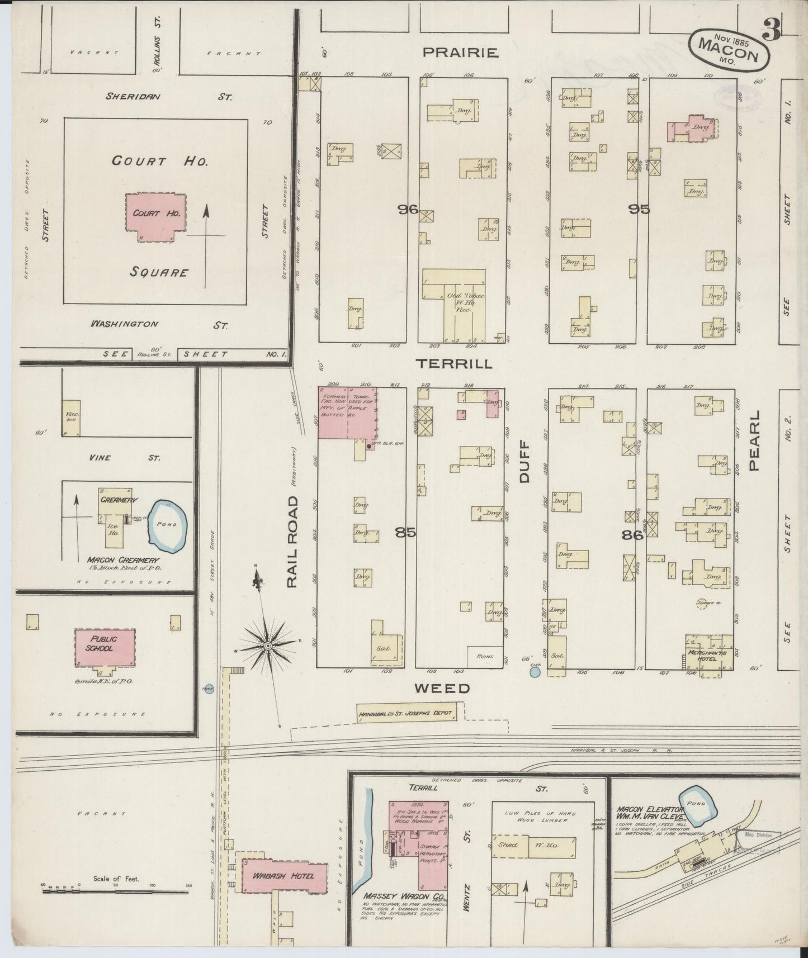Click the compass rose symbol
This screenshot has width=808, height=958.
point(267,646)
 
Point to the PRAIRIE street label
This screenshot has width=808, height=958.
point(460,53)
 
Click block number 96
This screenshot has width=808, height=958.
point(408,210)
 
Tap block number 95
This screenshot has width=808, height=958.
point(639,210)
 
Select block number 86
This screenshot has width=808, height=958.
point(632,535)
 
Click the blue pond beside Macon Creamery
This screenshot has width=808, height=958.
point(167,525)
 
